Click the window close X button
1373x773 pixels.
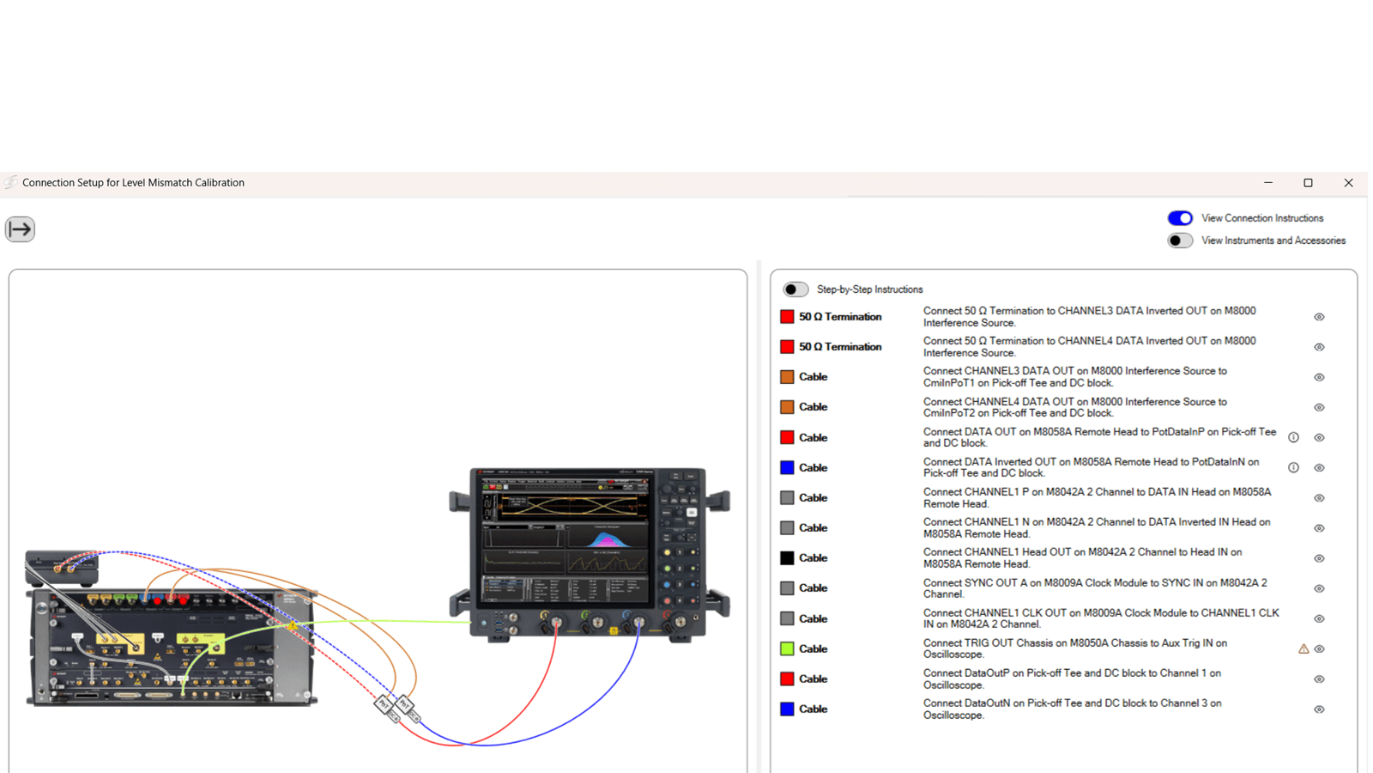click(x=1348, y=183)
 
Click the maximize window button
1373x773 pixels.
click(x=1308, y=183)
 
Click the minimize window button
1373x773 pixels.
click(x=1268, y=183)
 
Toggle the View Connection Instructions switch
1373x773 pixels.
click(x=1180, y=218)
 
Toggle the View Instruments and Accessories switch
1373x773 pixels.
click(x=1180, y=240)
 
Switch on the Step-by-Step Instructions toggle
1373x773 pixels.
click(x=795, y=289)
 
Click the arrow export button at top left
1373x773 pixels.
click(x=20, y=229)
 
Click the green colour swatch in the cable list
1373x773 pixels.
click(x=787, y=648)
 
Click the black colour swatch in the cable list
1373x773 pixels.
click(x=787, y=558)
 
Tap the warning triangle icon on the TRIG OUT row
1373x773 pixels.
click(x=1303, y=649)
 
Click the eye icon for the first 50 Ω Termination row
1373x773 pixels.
click(x=1319, y=317)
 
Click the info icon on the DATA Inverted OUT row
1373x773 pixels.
click(x=1293, y=468)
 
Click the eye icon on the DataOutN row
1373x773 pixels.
click(x=1319, y=709)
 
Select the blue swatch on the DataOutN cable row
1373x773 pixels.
click(x=787, y=709)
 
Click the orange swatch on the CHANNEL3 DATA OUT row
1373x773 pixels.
click(x=787, y=377)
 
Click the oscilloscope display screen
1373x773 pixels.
click(x=566, y=541)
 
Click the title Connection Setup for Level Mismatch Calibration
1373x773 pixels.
click(x=133, y=183)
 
